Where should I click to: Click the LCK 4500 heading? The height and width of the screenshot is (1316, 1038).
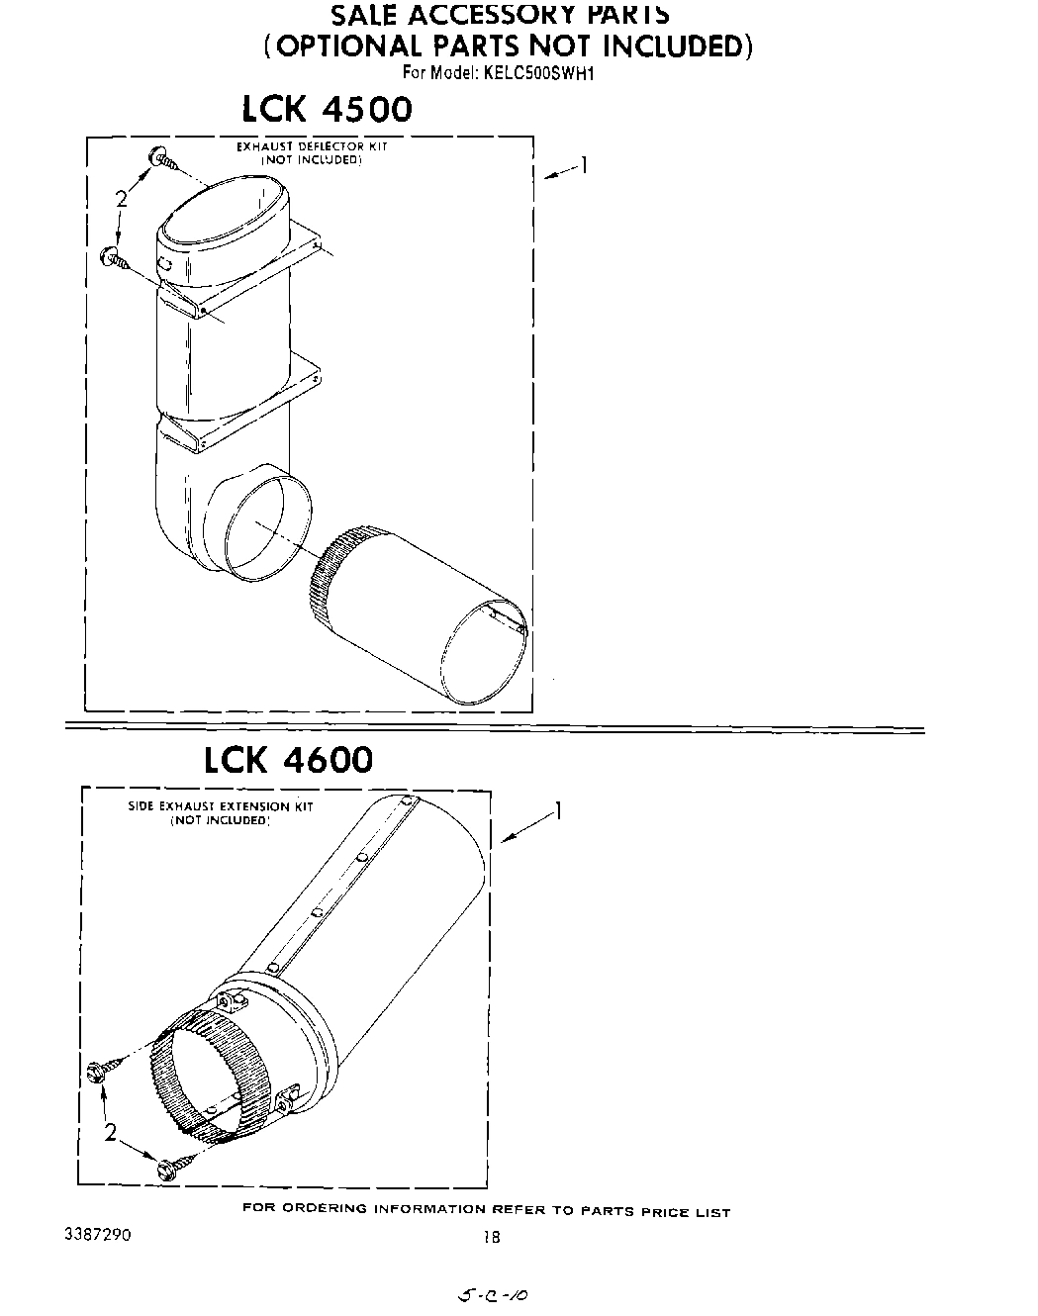point(327,109)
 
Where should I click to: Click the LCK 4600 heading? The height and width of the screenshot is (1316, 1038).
point(289,759)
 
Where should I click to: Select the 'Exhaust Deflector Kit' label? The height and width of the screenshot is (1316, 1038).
point(311,146)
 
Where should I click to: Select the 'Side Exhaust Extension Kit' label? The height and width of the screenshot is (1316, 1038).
point(221,806)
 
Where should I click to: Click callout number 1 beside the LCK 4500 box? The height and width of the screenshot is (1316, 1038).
point(585,165)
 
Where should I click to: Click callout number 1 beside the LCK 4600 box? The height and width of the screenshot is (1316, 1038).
point(559,811)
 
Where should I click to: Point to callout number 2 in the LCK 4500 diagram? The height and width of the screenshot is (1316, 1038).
point(121,199)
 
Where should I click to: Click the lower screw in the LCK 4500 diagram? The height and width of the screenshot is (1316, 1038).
point(116,259)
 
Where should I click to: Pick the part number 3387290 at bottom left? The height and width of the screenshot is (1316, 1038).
point(96,1235)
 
